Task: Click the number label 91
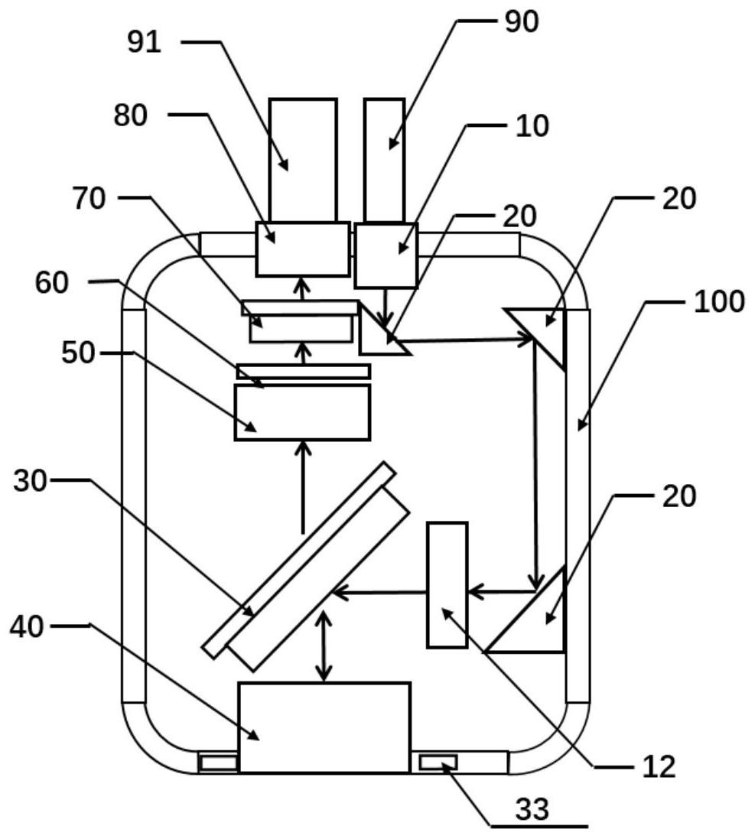pos(144,42)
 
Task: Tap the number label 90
pos(521,22)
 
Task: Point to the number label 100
pos(718,301)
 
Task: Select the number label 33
pos(532,809)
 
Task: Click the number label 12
pos(659,767)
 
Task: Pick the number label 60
pos(52,282)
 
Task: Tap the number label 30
pos(31,481)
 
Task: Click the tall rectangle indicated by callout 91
pos(303,160)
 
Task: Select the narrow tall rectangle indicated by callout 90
pos(384,160)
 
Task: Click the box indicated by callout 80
pos(303,249)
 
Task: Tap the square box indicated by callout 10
pos(386,255)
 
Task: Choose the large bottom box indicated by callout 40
pos(324,727)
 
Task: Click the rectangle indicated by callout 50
pos(302,412)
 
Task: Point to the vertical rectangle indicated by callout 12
pos(447,585)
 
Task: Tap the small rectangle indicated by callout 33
pos(438,762)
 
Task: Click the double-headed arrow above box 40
pos(324,646)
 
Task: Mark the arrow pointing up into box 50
pos(304,487)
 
